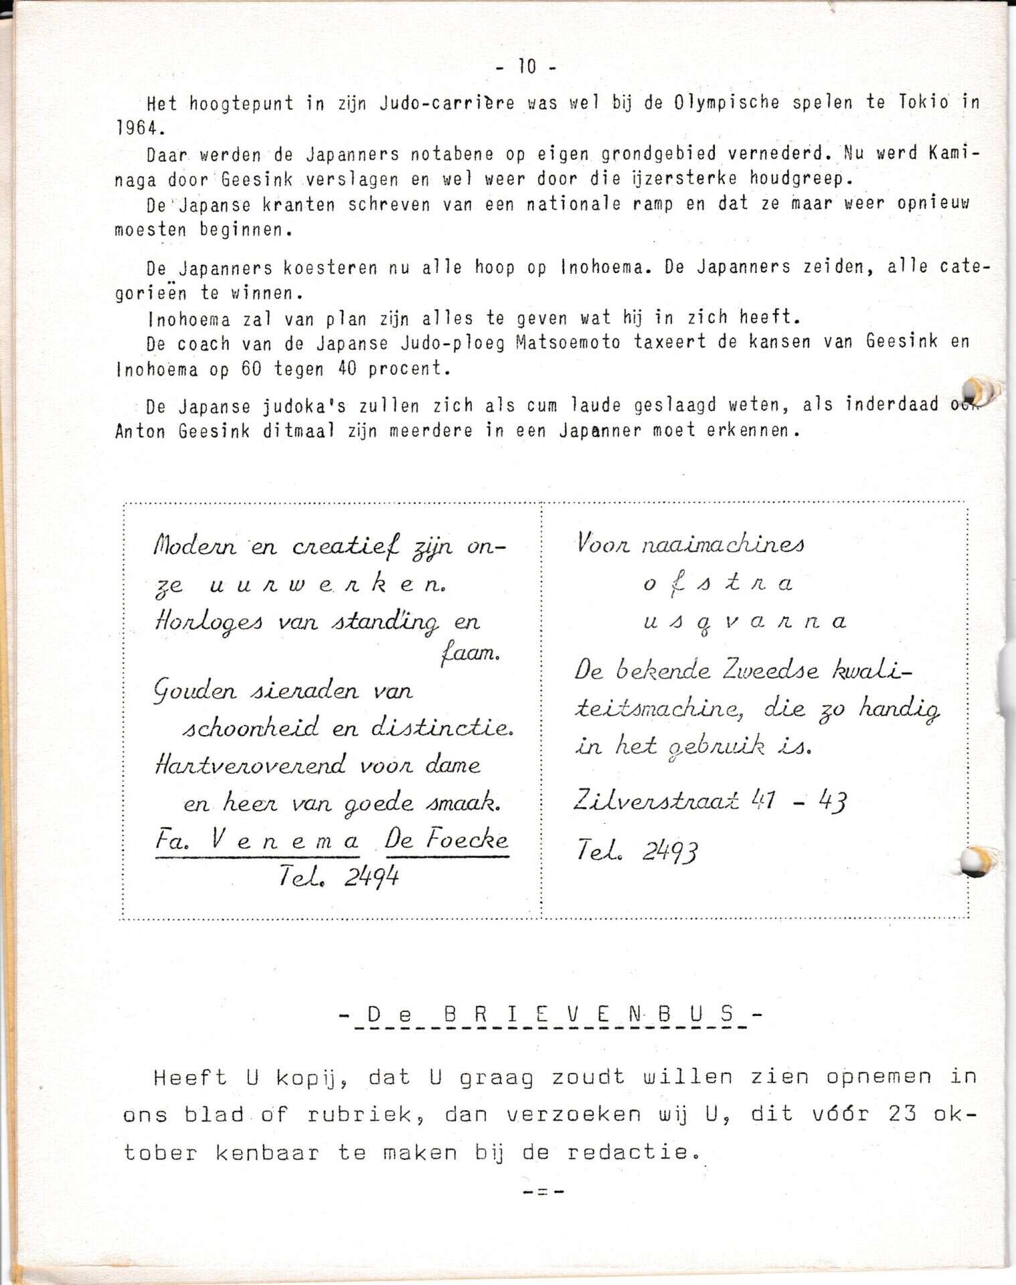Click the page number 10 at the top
tap(527, 67)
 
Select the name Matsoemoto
tap(568, 343)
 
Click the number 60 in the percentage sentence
tap(251, 369)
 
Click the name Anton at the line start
tap(140, 432)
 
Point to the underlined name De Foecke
tap(446, 840)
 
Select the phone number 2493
tap(670, 851)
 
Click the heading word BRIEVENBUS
tap(589, 1015)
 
